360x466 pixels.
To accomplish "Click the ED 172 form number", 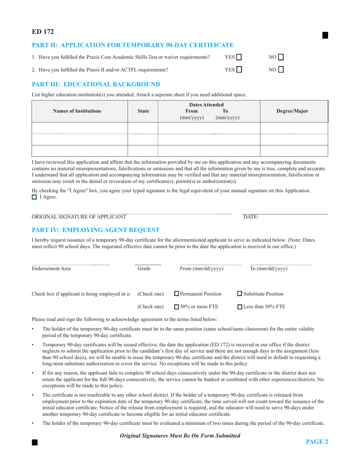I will tap(42, 32).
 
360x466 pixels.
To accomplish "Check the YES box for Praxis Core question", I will tap(239, 57).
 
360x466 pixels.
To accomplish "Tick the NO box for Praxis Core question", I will tap(281, 57).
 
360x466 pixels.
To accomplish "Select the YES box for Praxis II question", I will tap(239, 70).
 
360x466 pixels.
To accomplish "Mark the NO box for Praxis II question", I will tap(281, 70).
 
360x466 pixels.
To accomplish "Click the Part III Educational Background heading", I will tap(96, 84).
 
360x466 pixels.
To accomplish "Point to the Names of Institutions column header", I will tap(77, 111).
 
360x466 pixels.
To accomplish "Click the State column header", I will tap(143, 111).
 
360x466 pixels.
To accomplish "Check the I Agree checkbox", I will tap(34, 197).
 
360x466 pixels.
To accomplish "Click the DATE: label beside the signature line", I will tap(251, 217).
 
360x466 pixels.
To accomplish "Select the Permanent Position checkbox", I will tap(177, 294).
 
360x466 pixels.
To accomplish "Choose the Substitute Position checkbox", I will tap(240, 294).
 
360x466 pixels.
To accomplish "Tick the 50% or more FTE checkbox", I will tap(177, 307).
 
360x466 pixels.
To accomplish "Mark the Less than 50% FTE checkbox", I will tap(240, 307).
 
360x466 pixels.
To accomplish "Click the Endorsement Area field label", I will tap(51, 269).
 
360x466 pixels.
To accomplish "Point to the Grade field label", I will tap(144, 269).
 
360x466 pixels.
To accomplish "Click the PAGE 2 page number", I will tap(317, 441).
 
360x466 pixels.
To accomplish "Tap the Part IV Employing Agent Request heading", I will tap(96, 230).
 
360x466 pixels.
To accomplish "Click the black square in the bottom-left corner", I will tap(34, 442).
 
